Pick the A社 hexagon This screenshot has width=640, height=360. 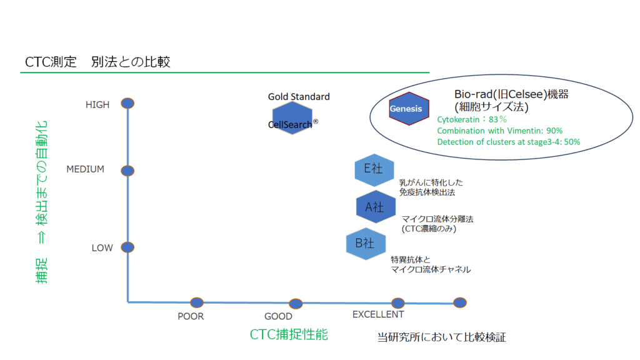click(x=376, y=207)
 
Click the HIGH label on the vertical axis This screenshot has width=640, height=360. click(x=97, y=105)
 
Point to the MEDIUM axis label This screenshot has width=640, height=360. click(x=85, y=169)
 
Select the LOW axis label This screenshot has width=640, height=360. click(x=102, y=248)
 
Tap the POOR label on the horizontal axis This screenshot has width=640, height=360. click(x=191, y=316)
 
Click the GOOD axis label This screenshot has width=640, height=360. click(x=278, y=317)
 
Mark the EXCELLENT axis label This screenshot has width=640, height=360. click(x=378, y=314)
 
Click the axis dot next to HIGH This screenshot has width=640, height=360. click(x=127, y=103)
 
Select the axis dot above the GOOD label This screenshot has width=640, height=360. click(x=296, y=304)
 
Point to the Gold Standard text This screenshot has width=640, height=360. click(x=299, y=97)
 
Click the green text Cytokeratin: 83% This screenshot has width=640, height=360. click(x=471, y=119)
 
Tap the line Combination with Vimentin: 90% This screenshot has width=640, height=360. click(x=500, y=131)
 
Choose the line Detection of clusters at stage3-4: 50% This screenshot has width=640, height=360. click(x=509, y=142)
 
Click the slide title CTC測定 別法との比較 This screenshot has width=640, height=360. click(x=97, y=62)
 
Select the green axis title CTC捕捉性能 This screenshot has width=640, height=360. click(x=289, y=334)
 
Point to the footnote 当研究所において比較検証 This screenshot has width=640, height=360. click(x=442, y=337)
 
